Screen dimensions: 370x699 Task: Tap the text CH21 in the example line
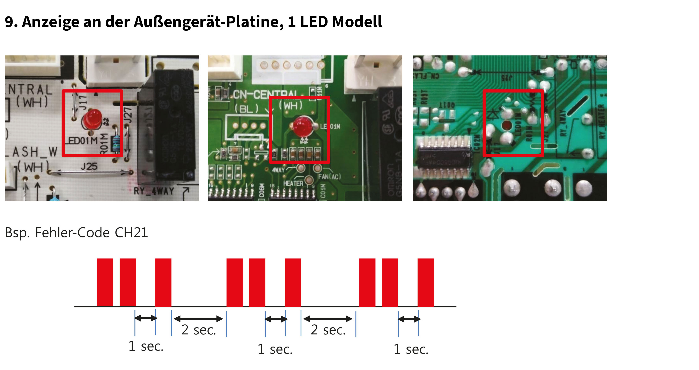[x=131, y=233]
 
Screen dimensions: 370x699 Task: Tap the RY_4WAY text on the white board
[x=154, y=191]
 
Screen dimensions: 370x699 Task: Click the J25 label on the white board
[x=89, y=166]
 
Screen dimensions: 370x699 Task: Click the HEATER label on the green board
[x=293, y=184]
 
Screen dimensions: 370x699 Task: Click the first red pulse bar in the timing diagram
[x=105, y=282]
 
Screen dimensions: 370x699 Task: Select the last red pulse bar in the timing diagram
[x=426, y=282]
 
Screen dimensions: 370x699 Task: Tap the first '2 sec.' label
[x=199, y=330]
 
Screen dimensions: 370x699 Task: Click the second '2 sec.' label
[x=328, y=330]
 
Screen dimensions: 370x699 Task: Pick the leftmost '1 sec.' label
[x=146, y=346]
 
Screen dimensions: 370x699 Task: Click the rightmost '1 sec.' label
[x=411, y=349]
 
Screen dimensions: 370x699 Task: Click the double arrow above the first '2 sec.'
[x=198, y=319]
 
